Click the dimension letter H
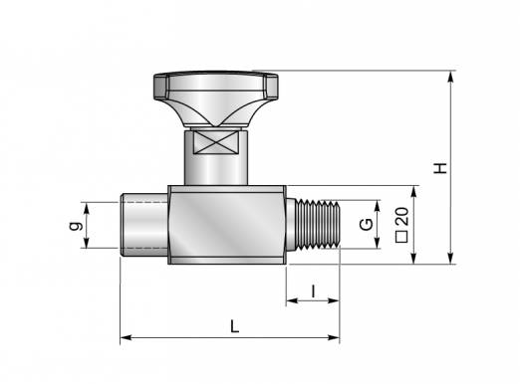(x=441, y=168)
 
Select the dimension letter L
(x=235, y=326)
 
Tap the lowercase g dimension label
(x=76, y=226)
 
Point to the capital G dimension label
(x=367, y=224)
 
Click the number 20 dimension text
(x=402, y=216)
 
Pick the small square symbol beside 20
(x=402, y=238)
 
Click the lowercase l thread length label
(x=313, y=291)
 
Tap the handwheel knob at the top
(x=216, y=98)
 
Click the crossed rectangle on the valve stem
(x=216, y=142)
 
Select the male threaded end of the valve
(x=313, y=224)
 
